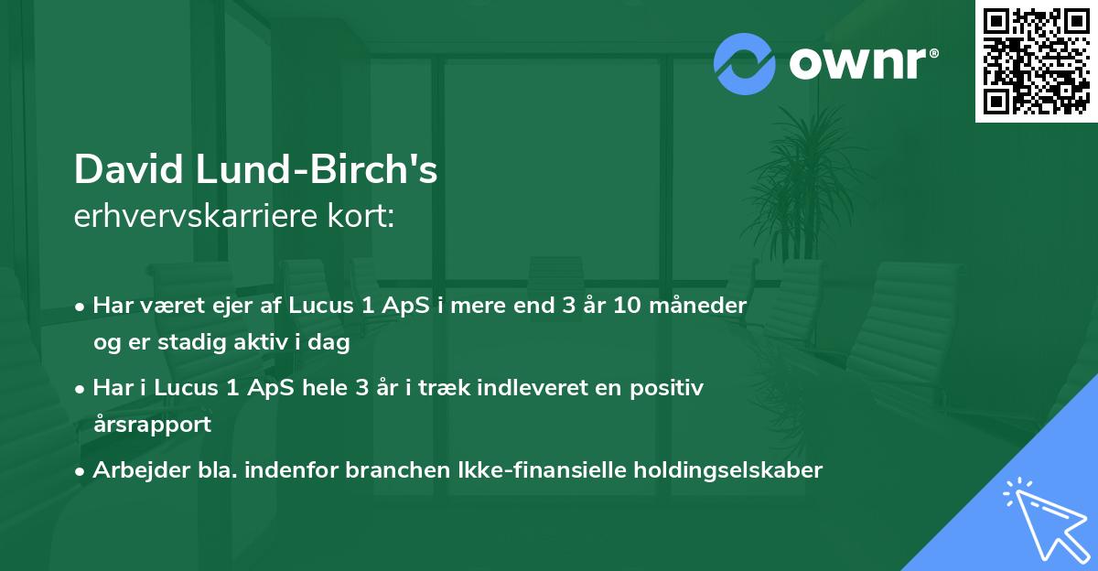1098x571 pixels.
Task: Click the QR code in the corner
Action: [x=1037, y=60]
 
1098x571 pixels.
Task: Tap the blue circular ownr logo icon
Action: [x=745, y=63]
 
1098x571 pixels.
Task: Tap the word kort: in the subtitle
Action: [x=366, y=216]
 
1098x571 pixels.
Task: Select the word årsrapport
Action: [x=152, y=424]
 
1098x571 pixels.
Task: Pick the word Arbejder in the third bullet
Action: [x=135, y=469]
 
